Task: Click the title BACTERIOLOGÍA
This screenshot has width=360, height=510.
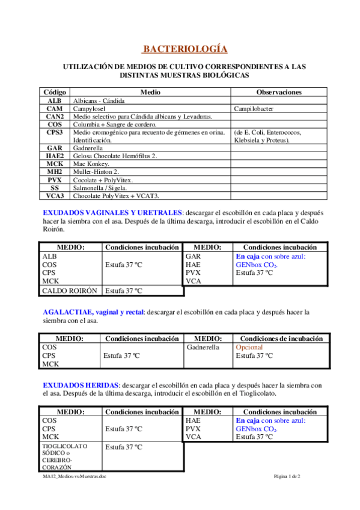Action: (185, 49)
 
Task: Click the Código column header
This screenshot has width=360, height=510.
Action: (55, 92)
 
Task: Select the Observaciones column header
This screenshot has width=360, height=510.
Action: (279, 92)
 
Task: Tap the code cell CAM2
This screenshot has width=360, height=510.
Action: (55, 116)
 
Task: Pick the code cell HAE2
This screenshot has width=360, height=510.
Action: (55, 156)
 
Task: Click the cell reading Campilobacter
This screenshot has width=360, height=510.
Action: (256, 108)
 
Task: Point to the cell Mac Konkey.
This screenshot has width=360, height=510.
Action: (91, 164)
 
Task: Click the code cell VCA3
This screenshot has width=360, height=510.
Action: (55, 195)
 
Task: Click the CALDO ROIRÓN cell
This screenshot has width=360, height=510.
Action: (70, 290)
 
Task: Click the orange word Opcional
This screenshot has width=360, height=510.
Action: (249, 348)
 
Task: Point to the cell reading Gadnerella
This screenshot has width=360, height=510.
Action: (203, 348)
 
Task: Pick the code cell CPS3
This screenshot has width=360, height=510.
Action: (55, 132)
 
